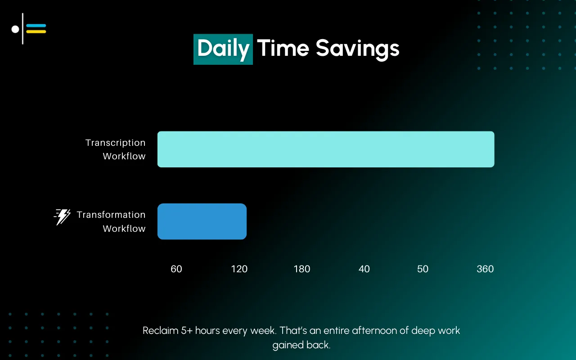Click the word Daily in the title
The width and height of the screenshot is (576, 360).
pos(223,49)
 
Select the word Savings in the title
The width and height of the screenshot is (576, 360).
pos(357,49)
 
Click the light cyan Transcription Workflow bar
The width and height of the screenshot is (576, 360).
pos(325,149)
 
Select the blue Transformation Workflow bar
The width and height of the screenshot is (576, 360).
pos(202,221)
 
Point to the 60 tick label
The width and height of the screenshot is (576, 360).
pos(176,269)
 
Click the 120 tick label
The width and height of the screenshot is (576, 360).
pos(239,269)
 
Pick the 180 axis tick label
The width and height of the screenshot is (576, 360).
pos(302,269)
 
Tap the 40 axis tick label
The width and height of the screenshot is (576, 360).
pos(364,269)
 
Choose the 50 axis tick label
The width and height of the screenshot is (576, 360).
pos(423,269)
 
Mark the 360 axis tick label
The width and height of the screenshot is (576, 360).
pos(485,269)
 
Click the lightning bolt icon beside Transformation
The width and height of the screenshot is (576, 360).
pos(63,217)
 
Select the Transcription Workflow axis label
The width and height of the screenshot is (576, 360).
pos(116,149)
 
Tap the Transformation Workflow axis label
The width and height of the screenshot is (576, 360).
pos(111,221)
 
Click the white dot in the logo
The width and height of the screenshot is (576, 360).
pos(15,29)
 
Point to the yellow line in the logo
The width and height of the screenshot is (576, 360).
pos(36,32)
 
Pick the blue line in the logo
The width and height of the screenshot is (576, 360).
pos(36,26)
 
